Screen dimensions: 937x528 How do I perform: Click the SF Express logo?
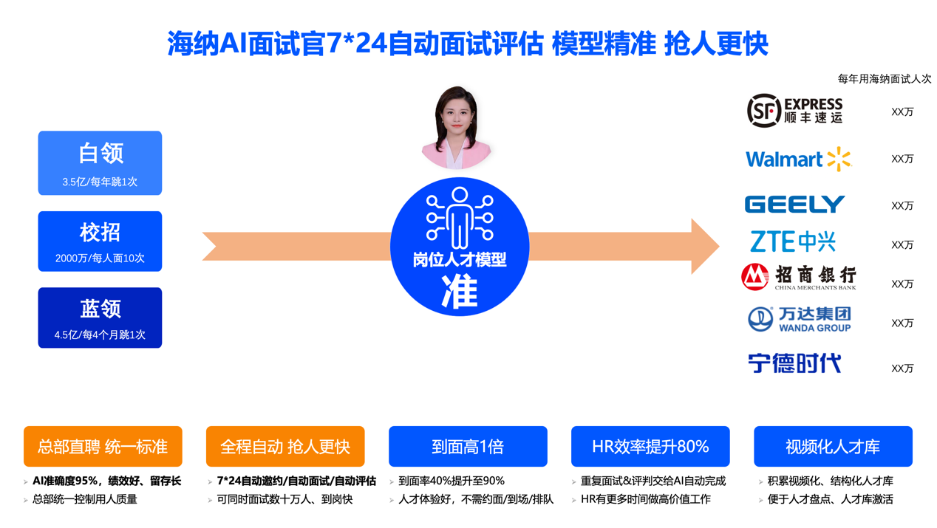pos(795,110)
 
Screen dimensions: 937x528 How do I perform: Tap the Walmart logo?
pos(799,160)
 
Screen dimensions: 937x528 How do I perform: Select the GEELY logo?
pos(794,205)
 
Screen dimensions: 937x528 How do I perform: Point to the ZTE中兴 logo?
pos(793,241)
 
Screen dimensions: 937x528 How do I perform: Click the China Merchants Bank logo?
pos(799,277)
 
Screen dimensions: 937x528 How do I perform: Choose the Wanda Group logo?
pos(800,320)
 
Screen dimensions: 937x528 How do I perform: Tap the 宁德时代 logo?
pos(794,363)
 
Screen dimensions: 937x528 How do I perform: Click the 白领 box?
pos(100,163)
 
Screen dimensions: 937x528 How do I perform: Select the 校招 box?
pos(100,241)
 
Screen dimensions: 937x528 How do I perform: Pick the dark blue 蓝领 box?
pos(100,318)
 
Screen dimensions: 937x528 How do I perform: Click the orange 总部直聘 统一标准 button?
pos(103,447)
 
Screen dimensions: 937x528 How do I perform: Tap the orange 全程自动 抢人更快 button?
pos(285,447)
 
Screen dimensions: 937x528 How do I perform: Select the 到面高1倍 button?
pos(468,447)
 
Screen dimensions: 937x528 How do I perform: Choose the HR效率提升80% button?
pos(650,447)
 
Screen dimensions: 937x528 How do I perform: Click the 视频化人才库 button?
pos(834,447)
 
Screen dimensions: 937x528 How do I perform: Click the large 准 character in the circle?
pos(460,292)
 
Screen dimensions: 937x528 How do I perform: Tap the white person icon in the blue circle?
pos(460,217)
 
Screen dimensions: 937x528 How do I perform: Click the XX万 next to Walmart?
pos(902,159)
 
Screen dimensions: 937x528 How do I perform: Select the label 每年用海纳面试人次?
pos(885,78)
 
